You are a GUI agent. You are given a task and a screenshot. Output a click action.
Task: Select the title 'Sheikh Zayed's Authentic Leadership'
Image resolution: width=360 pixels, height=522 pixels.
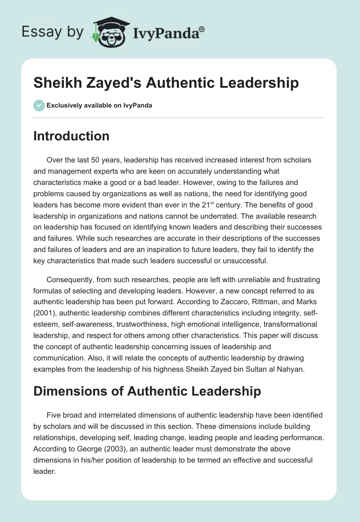(x=166, y=83)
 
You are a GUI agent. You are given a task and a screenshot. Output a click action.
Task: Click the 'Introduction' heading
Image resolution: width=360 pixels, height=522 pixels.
(x=71, y=136)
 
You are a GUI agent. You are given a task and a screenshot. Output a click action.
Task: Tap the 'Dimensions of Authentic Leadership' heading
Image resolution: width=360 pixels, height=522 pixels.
(x=147, y=391)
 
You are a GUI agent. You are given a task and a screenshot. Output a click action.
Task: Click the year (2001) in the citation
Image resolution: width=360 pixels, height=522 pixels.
(x=44, y=313)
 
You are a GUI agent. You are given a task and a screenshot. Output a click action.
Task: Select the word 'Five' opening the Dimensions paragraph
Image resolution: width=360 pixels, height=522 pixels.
(x=54, y=414)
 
